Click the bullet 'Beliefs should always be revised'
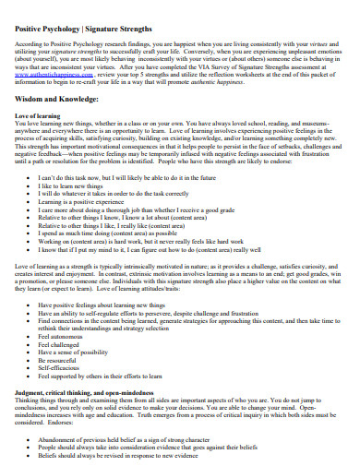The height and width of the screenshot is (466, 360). [149, 456]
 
